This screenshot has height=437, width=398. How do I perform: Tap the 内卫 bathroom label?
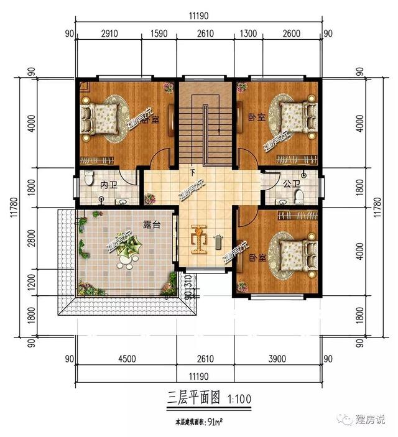point(109,185)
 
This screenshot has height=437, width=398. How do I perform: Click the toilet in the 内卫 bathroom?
point(88,178)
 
